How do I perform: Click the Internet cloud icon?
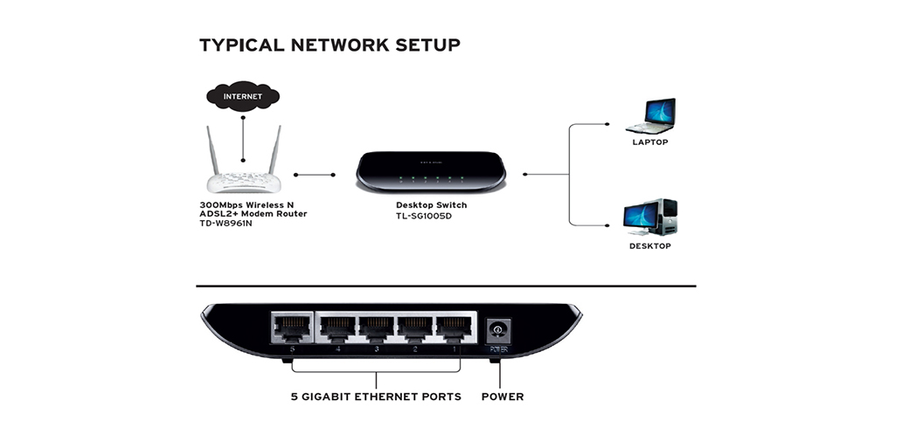pos(242,95)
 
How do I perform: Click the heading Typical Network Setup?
pos(330,45)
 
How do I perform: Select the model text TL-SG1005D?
pos(424,216)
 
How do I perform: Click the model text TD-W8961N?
pos(226,224)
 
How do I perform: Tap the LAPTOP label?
pos(650,142)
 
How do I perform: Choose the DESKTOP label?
pos(650,246)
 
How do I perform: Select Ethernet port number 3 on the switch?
pos(376,328)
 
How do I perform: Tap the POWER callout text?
pos(503,397)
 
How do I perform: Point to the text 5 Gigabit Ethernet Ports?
pos(376,397)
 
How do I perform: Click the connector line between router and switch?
pos(316,175)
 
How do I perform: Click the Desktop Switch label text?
pos(431,205)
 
